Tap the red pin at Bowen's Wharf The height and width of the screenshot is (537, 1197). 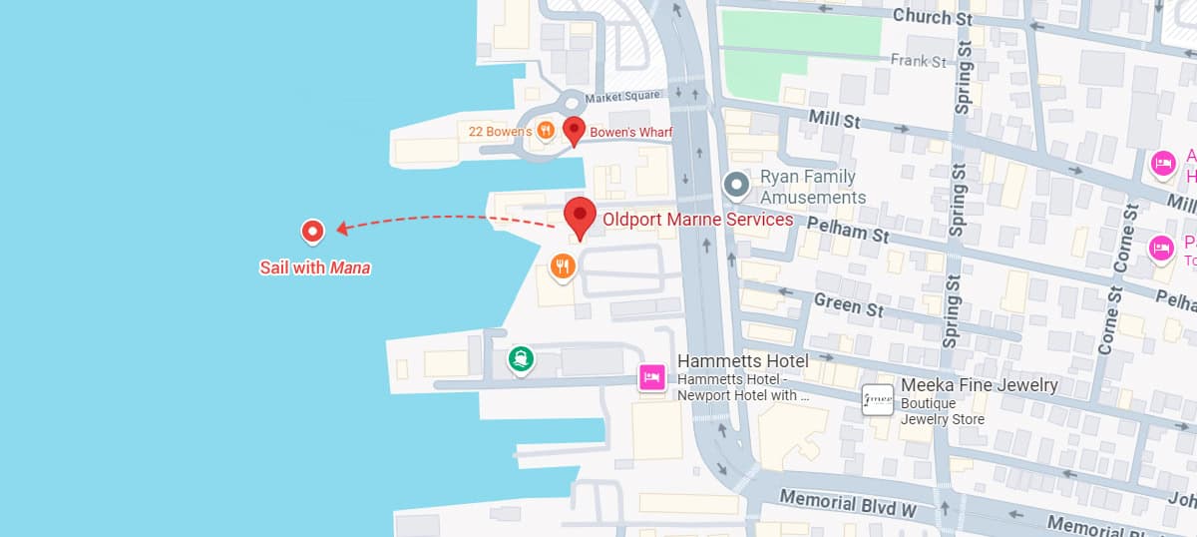click(x=574, y=130)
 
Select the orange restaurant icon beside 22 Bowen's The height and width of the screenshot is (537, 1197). click(x=546, y=131)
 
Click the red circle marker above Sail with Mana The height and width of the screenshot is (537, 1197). click(x=312, y=232)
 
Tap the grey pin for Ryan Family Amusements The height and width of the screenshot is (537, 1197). click(x=736, y=186)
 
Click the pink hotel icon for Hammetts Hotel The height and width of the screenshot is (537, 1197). click(x=651, y=377)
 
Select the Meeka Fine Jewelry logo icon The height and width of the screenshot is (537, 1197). click(x=878, y=399)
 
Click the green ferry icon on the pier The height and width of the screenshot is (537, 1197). click(x=519, y=358)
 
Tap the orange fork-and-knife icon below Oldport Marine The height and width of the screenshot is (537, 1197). click(x=564, y=266)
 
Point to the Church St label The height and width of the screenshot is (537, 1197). click(x=932, y=17)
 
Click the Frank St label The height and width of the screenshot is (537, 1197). click(x=918, y=62)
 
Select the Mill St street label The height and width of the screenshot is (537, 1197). click(x=835, y=121)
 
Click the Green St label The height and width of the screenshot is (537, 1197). click(x=848, y=303)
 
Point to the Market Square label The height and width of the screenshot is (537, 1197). click(x=623, y=97)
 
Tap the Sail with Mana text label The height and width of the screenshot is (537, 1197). click(x=314, y=268)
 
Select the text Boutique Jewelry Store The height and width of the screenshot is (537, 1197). click(x=942, y=411)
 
